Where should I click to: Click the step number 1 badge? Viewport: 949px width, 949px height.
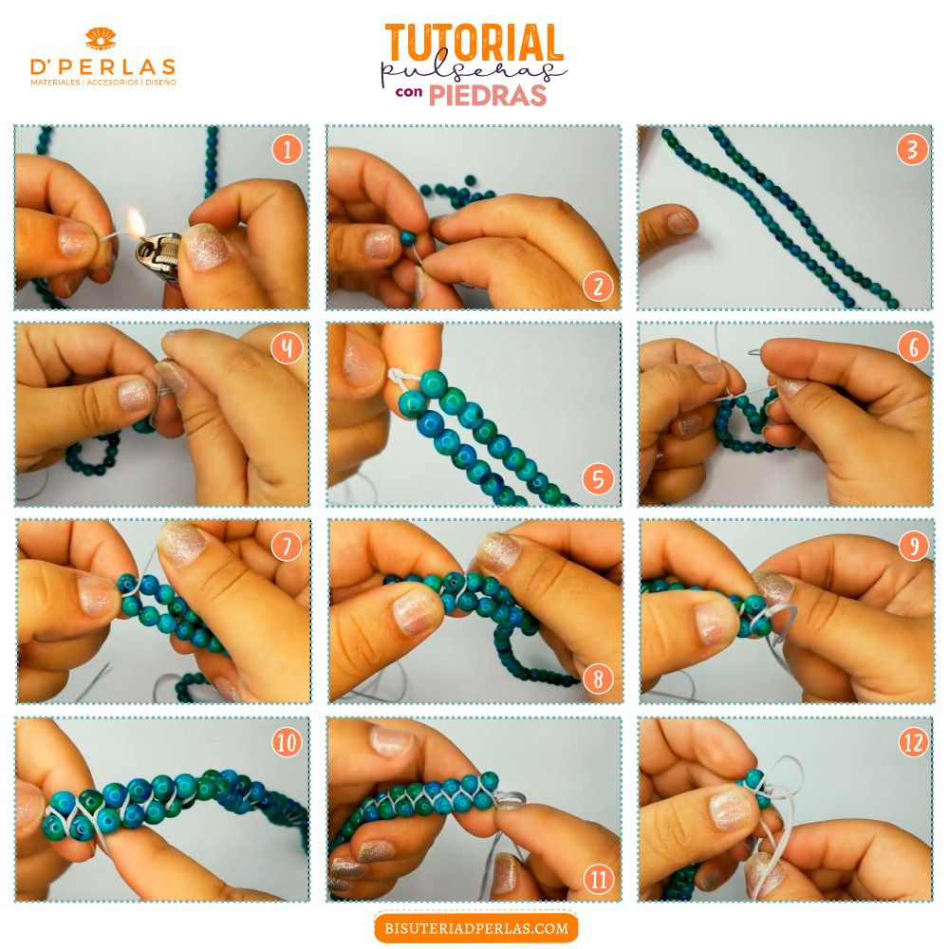click(287, 148)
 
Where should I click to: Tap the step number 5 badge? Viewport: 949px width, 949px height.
click(598, 479)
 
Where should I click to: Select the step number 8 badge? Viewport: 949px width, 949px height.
click(598, 679)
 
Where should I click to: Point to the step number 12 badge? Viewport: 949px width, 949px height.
click(913, 741)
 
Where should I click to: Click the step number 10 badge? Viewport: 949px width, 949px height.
click(287, 741)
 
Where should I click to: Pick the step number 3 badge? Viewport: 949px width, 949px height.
click(912, 149)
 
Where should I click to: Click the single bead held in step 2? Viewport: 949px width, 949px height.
click(408, 237)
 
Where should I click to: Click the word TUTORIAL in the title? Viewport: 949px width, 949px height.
click(474, 43)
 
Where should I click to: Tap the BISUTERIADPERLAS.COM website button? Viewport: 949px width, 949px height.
click(476, 927)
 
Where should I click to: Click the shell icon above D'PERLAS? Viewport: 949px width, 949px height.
click(101, 38)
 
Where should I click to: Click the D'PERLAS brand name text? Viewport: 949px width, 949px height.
click(102, 66)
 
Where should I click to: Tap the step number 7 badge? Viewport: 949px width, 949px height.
click(287, 547)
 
